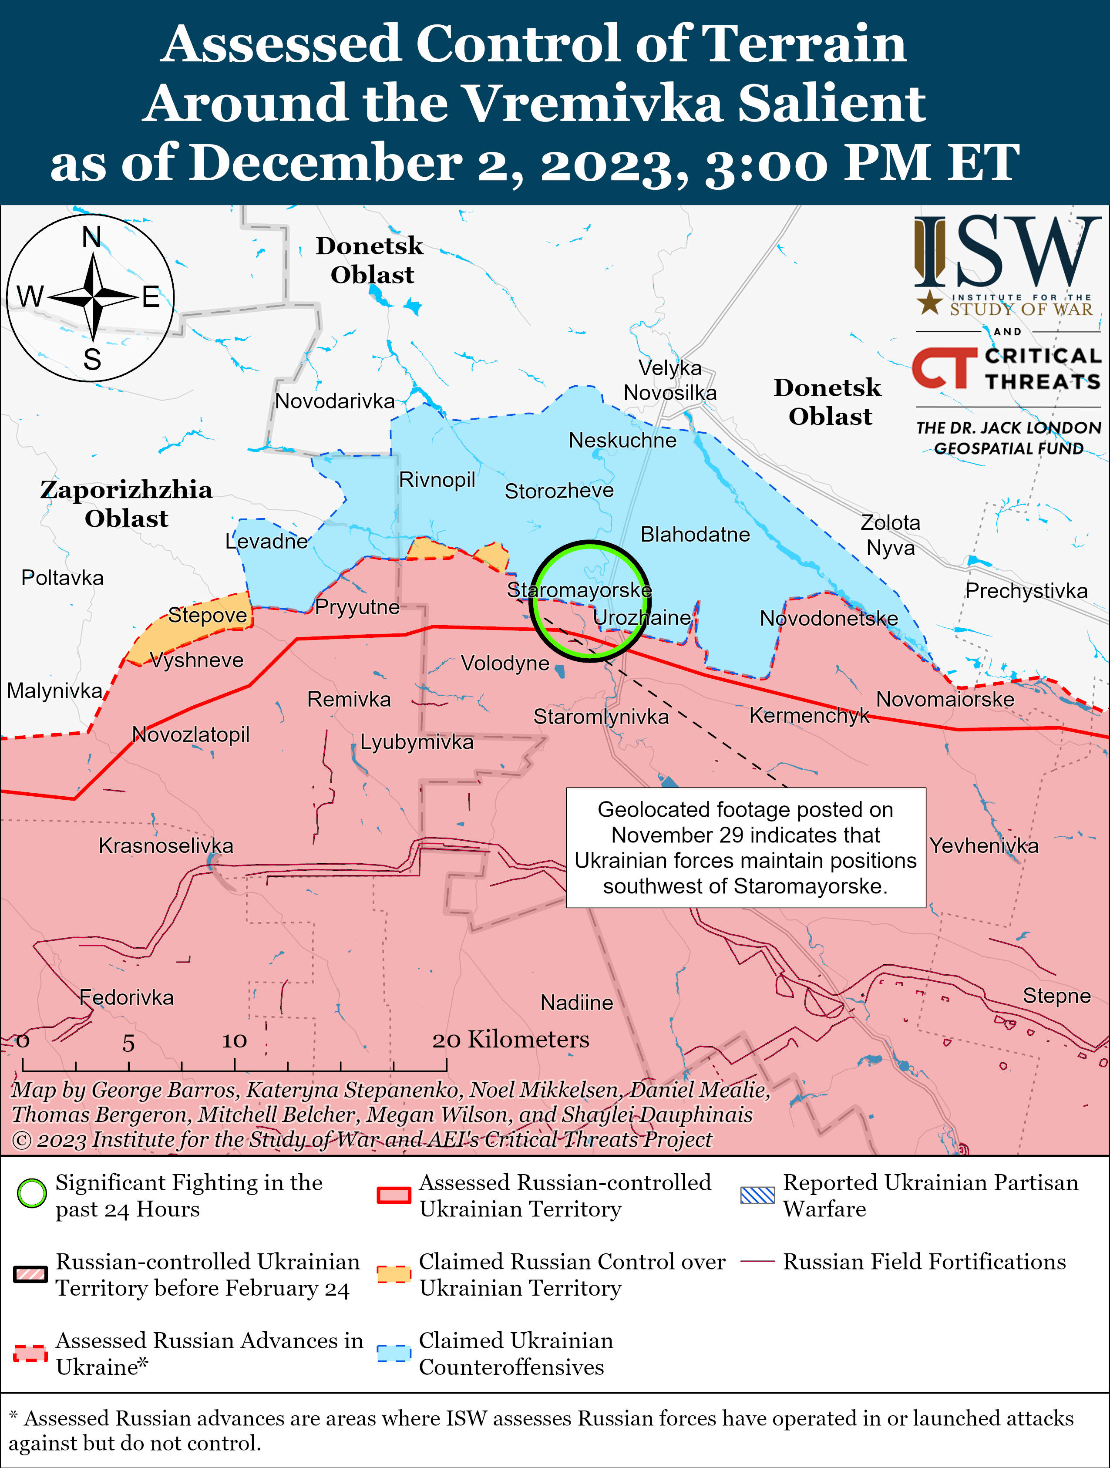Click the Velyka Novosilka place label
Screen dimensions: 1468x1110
pyautogui.click(x=670, y=380)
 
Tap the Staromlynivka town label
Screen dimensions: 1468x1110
pyautogui.click(x=601, y=717)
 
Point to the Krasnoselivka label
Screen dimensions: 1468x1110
pyautogui.click(x=166, y=845)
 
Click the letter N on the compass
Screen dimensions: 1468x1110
pyautogui.click(x=91, y=237)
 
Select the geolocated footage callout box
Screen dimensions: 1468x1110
pyautogui.click(x=745, y=848)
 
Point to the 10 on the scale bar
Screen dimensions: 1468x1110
pyautogui.click(x=234, y=1040)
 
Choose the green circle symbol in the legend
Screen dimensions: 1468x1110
pyautogui.click(x=31, y=1193)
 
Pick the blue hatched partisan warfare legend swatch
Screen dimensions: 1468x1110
pyautogui.click(x=757, y=1195)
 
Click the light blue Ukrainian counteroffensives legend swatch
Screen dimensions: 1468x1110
pyautogui.click(x=394, y=1353)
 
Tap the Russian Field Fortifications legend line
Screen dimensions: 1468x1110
pyautogui.click(x=757, y=1261)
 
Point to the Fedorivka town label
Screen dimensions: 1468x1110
pyautogui.click(x=126, y=997)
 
